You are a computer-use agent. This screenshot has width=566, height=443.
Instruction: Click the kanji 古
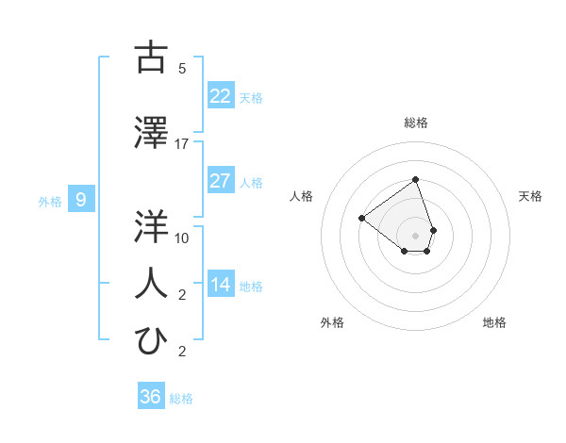pos(151,57)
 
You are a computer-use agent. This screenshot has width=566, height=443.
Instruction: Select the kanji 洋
pos(151,227)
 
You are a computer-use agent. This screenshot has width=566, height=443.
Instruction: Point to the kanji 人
pos(151,282)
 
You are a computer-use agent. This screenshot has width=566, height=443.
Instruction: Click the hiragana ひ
pos(151,340)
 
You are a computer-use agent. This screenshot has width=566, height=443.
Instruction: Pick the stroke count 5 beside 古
pos(182,69)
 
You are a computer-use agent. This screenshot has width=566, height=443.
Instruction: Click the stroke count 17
pos(182,144)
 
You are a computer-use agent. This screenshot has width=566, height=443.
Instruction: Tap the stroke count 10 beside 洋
pos(182,238)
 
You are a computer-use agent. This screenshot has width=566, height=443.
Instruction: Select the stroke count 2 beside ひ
pos(182,353)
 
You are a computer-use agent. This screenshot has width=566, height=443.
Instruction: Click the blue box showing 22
pos(221,95)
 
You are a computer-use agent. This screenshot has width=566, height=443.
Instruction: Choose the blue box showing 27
pos(221,180)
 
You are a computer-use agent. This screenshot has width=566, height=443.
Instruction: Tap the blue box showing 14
pos(221,284)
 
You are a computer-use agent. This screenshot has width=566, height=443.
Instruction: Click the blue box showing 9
pos(81,199)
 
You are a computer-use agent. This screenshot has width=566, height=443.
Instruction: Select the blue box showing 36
pos(151,397)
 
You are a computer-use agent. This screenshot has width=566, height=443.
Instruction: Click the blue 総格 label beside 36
pos(181,399)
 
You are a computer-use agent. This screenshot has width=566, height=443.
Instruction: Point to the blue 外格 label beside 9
pos(50,201)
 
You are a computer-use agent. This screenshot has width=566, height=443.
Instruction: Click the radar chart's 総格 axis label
pos(415,123)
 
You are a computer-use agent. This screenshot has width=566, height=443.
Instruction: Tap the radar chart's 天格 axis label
pos(531,196)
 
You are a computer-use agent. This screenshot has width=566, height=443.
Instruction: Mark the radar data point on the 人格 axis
pos(361,219)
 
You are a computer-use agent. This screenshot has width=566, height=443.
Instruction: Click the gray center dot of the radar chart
pos(415,236)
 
